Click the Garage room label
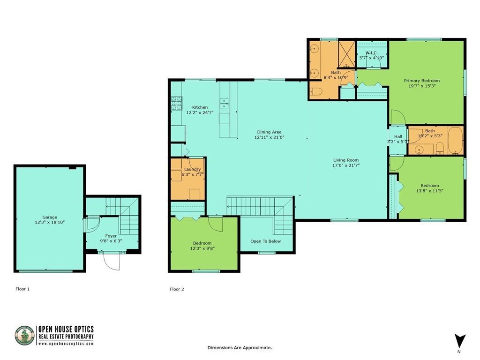click(x=50, y=217)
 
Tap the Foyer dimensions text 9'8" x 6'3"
click(x=111, y=241)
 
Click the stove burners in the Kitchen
click(x=176, y=103)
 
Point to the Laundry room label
click(x=192, y=169)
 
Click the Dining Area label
click(x=269, y=132)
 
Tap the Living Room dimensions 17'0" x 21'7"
click(x=345, y=165)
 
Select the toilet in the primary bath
click(x=315, y=92)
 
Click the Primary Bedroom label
click(x=422, y=81)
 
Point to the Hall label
click(x=398, y=136)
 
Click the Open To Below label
click(x=265, y=241)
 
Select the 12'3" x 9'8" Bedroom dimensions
click(x=202, y=248)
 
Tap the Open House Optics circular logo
click(x=25, y=336)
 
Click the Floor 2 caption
click(x=177, y=289)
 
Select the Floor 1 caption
click(x=22, y=289)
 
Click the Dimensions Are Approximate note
click(x=240, y=347)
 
